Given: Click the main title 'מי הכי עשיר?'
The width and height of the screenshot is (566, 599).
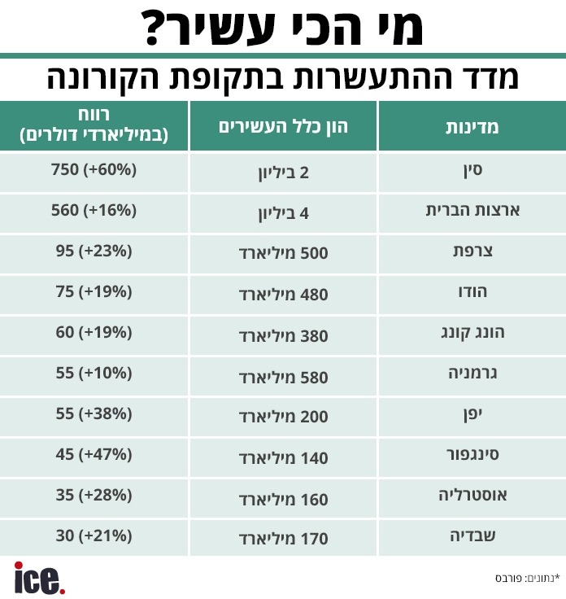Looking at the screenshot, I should click(x=283, y=28).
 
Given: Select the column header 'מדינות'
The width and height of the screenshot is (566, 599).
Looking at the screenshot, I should click(x=472, y=127).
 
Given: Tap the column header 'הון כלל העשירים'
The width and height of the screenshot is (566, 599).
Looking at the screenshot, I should click(x=284, y=127).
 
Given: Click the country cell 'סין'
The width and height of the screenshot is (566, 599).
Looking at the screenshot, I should click(x=472, y=172).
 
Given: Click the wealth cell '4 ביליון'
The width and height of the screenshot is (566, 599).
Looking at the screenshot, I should click(x=284, y=215).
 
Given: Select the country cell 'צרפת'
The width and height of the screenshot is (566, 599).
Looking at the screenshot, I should click(x=472, y=252).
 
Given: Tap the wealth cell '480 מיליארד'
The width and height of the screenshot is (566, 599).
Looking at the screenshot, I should click(x=284, y=295).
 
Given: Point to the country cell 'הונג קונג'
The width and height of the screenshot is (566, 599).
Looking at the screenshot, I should click(x=472, y=334).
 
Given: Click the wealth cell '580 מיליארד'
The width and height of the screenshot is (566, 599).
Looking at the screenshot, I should click(x=284, y=376).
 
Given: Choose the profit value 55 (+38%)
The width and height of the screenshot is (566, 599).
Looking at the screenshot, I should click(x=94, y=414).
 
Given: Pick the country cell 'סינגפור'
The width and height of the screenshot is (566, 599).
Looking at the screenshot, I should click(x=472, y=455).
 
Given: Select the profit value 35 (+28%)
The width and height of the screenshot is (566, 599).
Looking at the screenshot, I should click(x=94, y=496).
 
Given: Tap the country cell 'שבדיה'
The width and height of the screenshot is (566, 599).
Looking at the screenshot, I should click(x=472, y=536).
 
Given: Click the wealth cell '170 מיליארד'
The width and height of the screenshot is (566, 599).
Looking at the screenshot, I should click(x=284, y=539).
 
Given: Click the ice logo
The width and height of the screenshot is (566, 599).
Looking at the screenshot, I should click(x=38, y=577).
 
